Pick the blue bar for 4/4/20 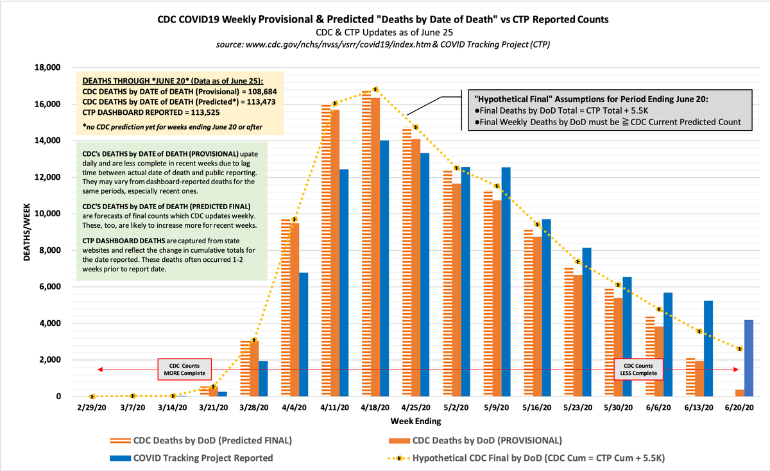pos(304,334)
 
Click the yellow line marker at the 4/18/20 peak pos(375,89)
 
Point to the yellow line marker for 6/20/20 pos(740,349)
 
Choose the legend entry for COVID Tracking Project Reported pos(203,458)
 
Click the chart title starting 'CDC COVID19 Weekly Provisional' pos(384,20)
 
